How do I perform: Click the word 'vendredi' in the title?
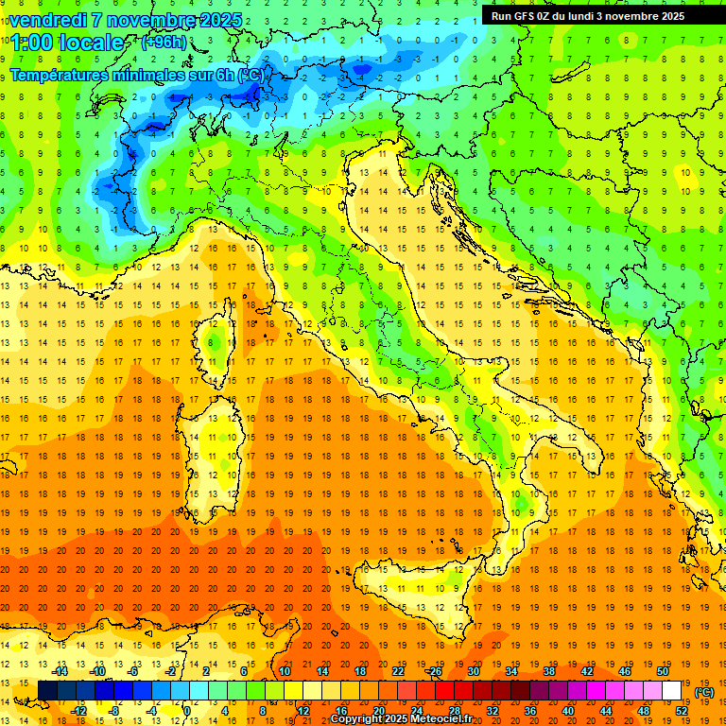click(x=47, y=20)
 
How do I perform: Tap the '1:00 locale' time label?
click(x=66, y=43)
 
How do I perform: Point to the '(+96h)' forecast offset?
click(x=164, y=42)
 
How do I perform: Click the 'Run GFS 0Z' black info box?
click(x=588, y=16)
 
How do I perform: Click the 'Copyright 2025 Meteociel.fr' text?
click(x=401, y=719)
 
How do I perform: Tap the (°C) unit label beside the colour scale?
click(x=704, y=692)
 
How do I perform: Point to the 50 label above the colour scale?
click(x=663, y=671)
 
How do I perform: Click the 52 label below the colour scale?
click(x=682, y=711)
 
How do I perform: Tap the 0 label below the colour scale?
click(x=187, y=711)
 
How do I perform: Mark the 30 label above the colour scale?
click(x=474, y=671)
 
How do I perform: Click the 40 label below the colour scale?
click(x=568, y=711)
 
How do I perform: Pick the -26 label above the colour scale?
click(x=435, y=671)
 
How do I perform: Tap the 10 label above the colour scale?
click(x=285, y=671)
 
